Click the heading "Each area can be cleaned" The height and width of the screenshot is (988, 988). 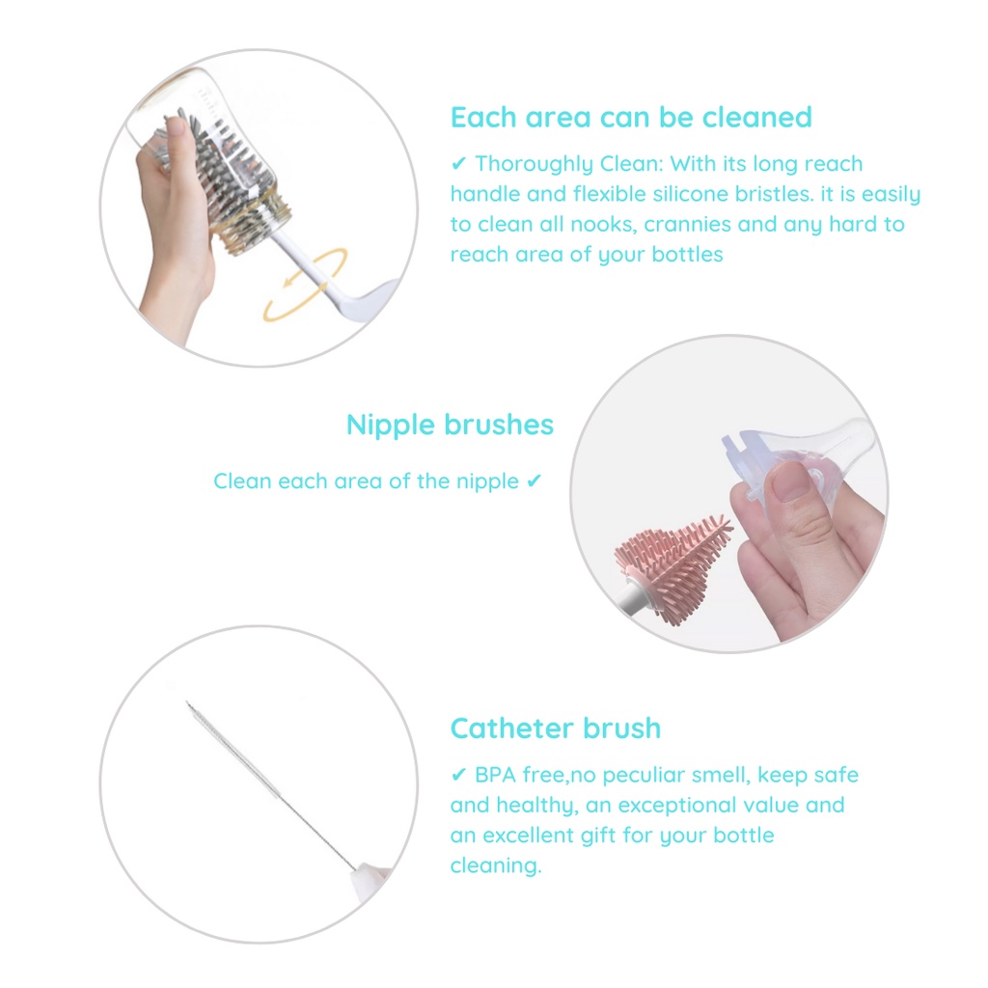pos(631,117)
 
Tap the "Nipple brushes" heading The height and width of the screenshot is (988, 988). pos(450,425)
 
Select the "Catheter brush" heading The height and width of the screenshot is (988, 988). pos(556,728)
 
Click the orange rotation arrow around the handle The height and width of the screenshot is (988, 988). pos(307,284)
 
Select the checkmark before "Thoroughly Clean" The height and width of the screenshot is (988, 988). pos(458,164)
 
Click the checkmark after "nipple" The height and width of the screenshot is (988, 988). pos(535,481)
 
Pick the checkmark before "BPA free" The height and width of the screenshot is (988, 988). pos(458,775)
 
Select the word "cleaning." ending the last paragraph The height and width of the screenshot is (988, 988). pos(496,866)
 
